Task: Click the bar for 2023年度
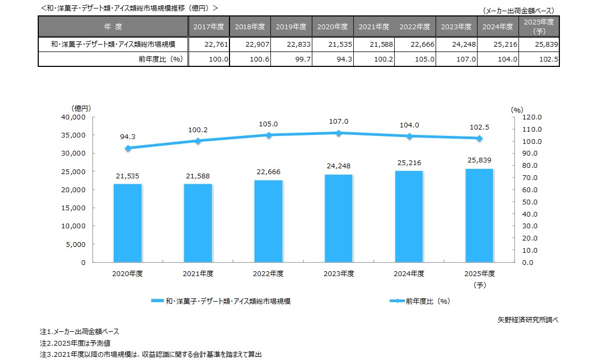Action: click(x=338, y=218)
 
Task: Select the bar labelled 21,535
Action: click(x=127, y=223)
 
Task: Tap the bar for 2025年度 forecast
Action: click(x=479, y=216)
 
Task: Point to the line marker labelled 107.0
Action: click(x=338, y=133)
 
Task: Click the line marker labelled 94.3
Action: click(x=127, y=148)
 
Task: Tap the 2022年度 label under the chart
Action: click(x=268, y=274)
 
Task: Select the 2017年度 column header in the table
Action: click(x=209, y=27)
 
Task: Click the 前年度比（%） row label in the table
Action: click(x=160, y=59)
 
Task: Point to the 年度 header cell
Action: click(x=113, y=27)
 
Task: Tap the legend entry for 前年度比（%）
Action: click(x=420, y=301)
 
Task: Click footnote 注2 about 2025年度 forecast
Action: click(x=75, y=343)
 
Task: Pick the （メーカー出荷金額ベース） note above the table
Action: click(x=518, y=11)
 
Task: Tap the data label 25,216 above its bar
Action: click(x=408, y=162)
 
